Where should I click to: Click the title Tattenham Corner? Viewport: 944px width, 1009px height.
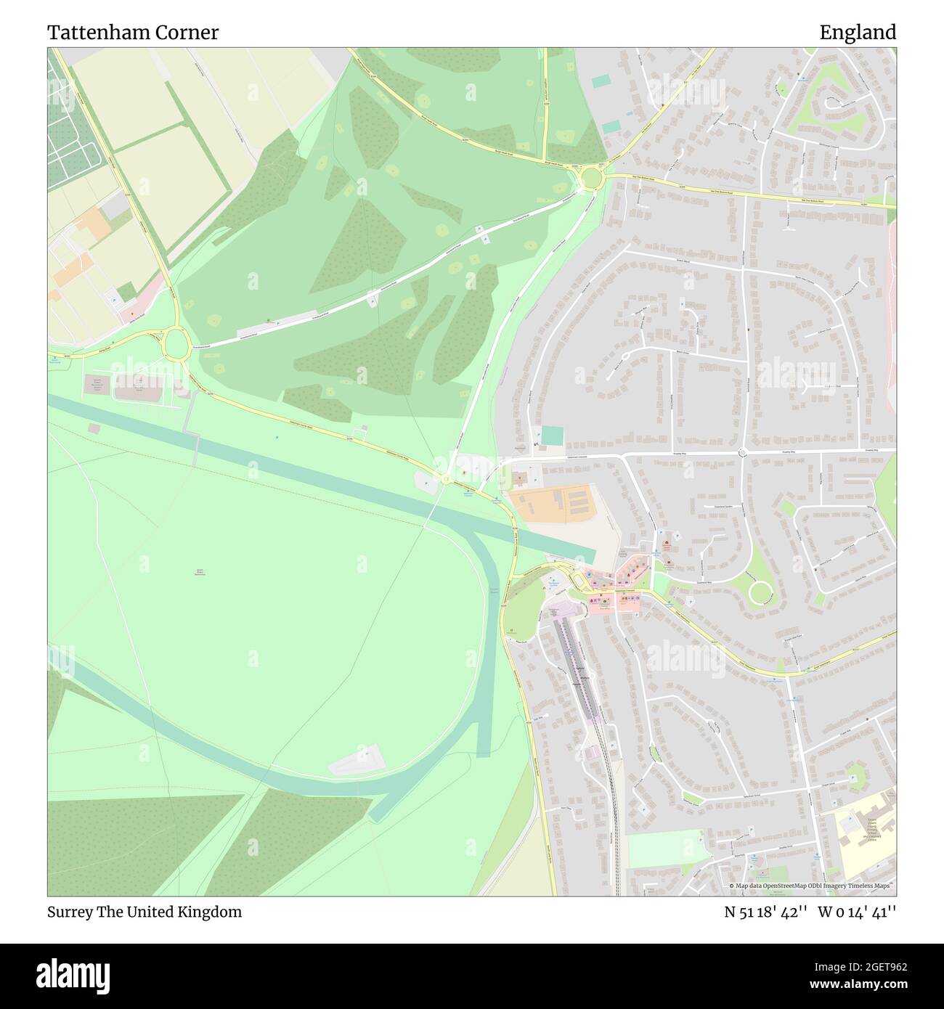pyautogui.click(x=133, y=33)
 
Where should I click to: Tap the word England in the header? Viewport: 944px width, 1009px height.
pyautogui.click(x=858, y=33)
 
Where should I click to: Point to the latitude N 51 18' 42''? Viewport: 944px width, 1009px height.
pyautogui.click(x=765, y=912)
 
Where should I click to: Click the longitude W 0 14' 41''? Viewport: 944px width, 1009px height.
pyautogui.click(x=857, y=912)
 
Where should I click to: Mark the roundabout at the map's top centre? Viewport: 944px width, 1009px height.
pyautogui.click(x=592, y=176)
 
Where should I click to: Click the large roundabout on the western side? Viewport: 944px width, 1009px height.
pyautogui.click(x=175, y=343)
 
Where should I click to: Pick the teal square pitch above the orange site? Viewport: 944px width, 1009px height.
pyautogui.click(x=552, y=436)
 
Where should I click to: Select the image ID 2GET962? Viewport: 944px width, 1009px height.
pyautogui.click(x=868, y=967)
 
